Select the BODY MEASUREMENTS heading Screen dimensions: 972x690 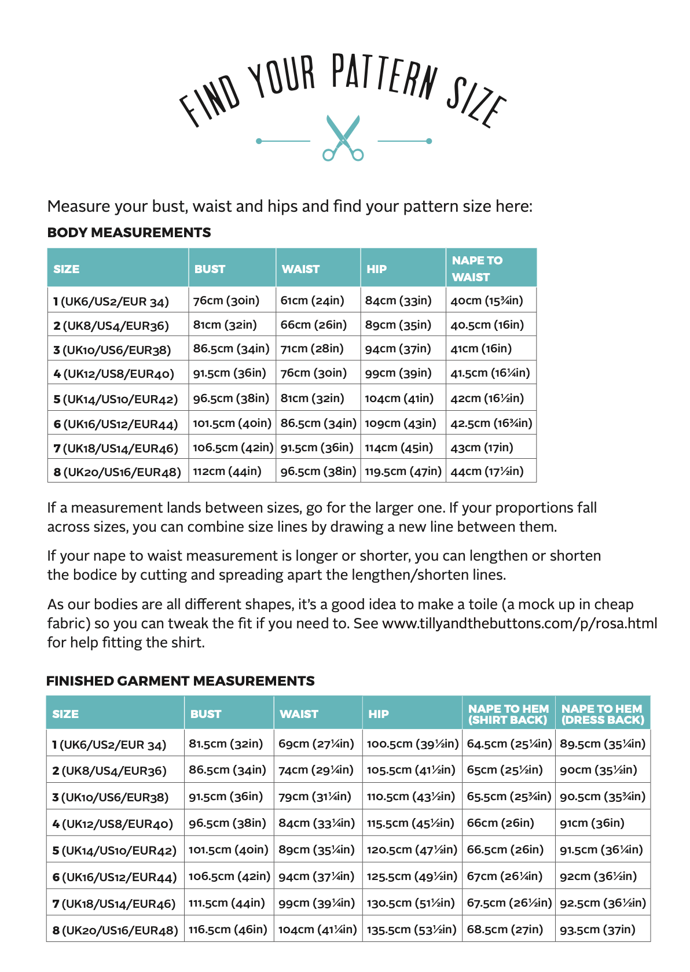(129, 233)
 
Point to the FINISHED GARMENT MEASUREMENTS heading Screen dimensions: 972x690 (181, 681)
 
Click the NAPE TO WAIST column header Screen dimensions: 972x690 (478, 268)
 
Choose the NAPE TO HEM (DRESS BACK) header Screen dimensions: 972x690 (603, 714)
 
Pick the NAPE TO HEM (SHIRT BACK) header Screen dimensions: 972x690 (508, 714)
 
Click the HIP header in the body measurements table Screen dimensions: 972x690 (377, 269)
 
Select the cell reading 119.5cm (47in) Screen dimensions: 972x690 (403, 472)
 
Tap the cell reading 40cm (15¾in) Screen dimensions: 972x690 (487, 301)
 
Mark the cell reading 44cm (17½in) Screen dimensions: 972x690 (487, 472)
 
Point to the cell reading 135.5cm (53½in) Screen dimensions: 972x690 (412, 930)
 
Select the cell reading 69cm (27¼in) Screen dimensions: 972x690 (316, 743)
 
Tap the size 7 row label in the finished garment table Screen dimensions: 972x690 (114, 904)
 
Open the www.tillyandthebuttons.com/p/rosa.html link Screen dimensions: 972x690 (519, 624)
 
